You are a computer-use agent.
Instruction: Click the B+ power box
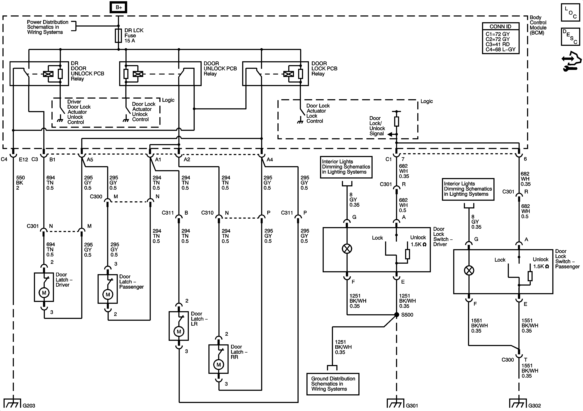point(118,7)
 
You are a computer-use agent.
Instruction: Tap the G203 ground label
point(29,406)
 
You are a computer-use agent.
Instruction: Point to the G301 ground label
point(412,406)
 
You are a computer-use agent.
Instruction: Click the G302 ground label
point(534,406)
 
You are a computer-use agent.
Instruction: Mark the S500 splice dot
point(396,315)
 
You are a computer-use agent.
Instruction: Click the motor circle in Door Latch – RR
point(218,365)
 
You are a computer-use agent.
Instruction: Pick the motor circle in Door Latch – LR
point(179,331)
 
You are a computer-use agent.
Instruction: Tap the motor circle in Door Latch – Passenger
point(108,295)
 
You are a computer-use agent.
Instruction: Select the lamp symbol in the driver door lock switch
point(347,249)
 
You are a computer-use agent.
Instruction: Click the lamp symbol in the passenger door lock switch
point(469,270)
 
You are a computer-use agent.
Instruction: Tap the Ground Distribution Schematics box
point(333,384)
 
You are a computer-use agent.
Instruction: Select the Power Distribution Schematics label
point(47,27)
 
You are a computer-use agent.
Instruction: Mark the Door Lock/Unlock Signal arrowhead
point(390,134)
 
